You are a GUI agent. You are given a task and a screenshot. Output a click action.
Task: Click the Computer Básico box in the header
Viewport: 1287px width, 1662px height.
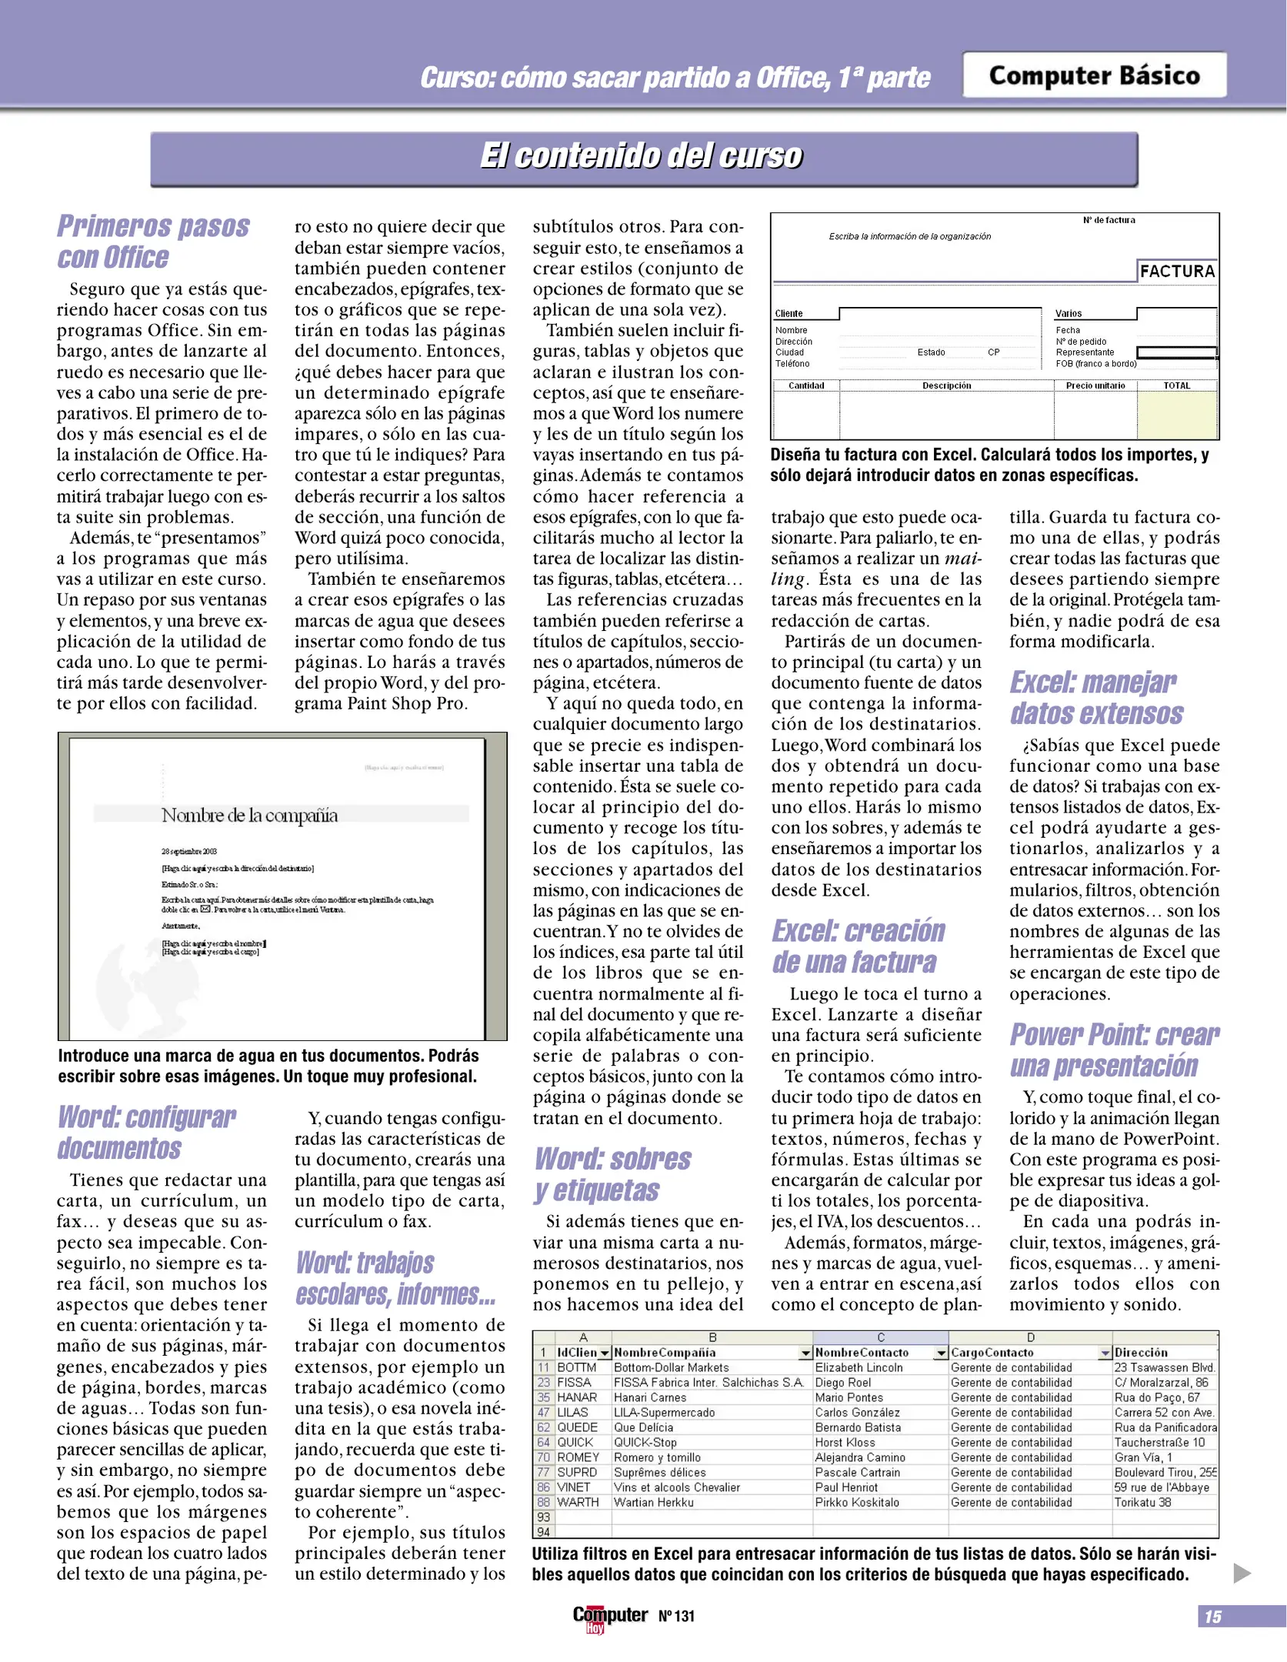[x=1093, y=75]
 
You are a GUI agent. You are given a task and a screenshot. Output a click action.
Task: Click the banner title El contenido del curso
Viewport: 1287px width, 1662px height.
[x=642, y=156]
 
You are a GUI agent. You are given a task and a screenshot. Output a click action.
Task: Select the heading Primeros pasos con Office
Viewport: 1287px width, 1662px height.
[x=153, y=242]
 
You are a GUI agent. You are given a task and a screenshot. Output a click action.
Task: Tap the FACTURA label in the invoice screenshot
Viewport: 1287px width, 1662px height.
[x=1176, y=271]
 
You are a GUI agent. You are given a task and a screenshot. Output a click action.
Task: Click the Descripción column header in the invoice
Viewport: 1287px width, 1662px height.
[x=946, y=385]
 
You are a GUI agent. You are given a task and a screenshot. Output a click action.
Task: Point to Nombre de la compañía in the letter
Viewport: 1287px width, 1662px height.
[x=249, y=815]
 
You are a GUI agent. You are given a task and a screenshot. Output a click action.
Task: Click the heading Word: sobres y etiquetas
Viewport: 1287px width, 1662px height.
[x=612, y=1174]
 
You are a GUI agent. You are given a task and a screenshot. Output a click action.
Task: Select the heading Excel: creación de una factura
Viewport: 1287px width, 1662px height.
[x=858, y=946]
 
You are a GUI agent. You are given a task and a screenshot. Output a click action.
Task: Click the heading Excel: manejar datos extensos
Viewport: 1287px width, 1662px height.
[x=1096, y=698]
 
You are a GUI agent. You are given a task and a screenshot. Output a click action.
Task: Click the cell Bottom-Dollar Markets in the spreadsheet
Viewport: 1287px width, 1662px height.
[x=671, y=1367]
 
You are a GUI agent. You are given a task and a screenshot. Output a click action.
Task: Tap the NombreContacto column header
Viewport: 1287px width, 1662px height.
[x=862, y=1352]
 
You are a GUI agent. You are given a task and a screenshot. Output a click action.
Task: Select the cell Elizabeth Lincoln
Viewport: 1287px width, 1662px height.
[x=859, y=1367]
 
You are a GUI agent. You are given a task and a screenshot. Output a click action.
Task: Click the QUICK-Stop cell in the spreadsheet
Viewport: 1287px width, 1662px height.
[x=645, y=1442]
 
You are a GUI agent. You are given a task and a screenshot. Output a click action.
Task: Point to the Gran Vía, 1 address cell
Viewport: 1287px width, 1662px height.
[x=1143, y=1457]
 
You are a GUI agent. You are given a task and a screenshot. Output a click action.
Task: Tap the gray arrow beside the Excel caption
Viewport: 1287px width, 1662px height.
[x=1242, y=1573]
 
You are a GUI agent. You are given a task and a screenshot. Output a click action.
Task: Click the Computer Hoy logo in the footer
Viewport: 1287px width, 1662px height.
[x=609, y=1617]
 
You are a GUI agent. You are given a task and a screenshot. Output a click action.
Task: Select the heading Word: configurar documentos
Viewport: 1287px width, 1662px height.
[x=146, y=1133]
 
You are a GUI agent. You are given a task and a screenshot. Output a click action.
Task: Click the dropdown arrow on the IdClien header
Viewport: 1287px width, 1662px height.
[x=605, y=1353]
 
